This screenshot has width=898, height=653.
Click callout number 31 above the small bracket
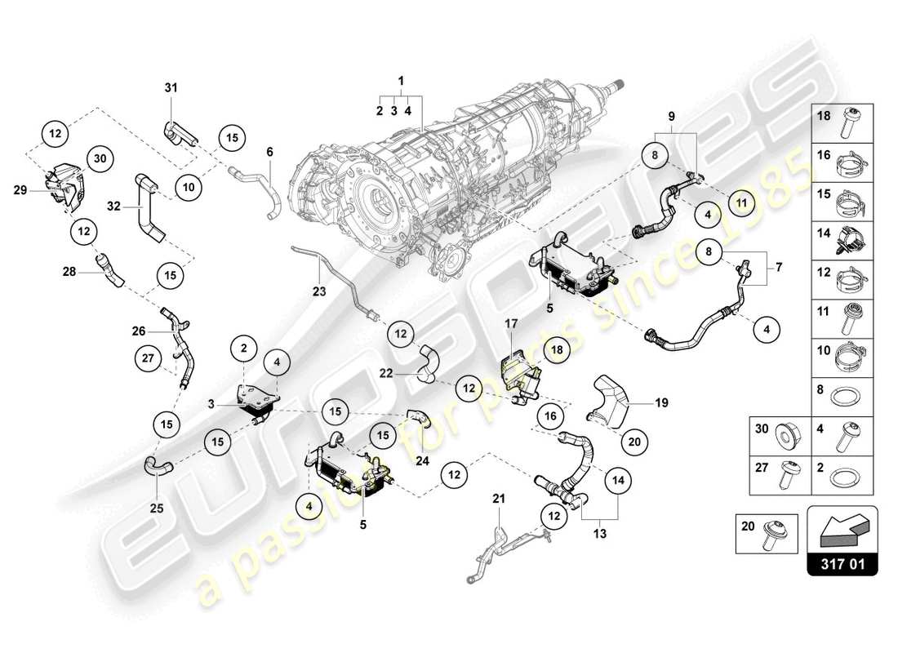coord(171,87)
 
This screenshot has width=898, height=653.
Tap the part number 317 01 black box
coord(842,564)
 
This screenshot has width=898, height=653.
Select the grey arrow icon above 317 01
coord(842,529)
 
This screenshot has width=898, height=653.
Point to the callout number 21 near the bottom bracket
coord(499,498)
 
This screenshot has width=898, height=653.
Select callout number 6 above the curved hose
coord(269,151)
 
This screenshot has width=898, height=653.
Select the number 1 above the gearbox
coord(401,80)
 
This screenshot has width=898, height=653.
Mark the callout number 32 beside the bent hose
coord(113,207)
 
